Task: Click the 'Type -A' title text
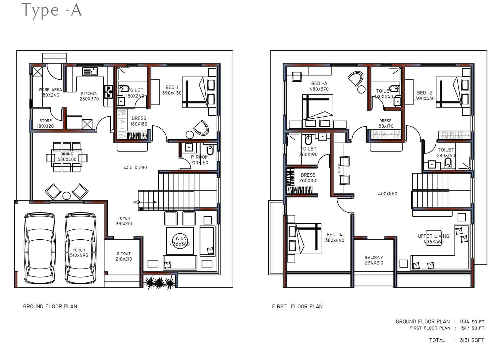point(52,10)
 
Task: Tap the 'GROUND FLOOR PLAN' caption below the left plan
point(50,306)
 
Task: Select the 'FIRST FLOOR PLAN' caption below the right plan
point(297,306)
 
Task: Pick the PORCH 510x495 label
point(79,253)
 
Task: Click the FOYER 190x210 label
point(124,221)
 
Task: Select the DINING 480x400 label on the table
point(67,157)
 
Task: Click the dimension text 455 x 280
point(135,167)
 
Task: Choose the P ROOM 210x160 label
point(199,160)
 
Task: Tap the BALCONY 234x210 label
point(374,260)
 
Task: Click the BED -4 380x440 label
point(334,237)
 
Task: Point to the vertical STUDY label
point(339,168)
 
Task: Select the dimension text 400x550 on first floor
point(387,194)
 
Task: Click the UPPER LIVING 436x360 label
point(433,239)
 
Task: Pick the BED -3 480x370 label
point(319,86)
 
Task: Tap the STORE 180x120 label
point(45,123)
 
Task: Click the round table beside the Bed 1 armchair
point(190,135)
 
